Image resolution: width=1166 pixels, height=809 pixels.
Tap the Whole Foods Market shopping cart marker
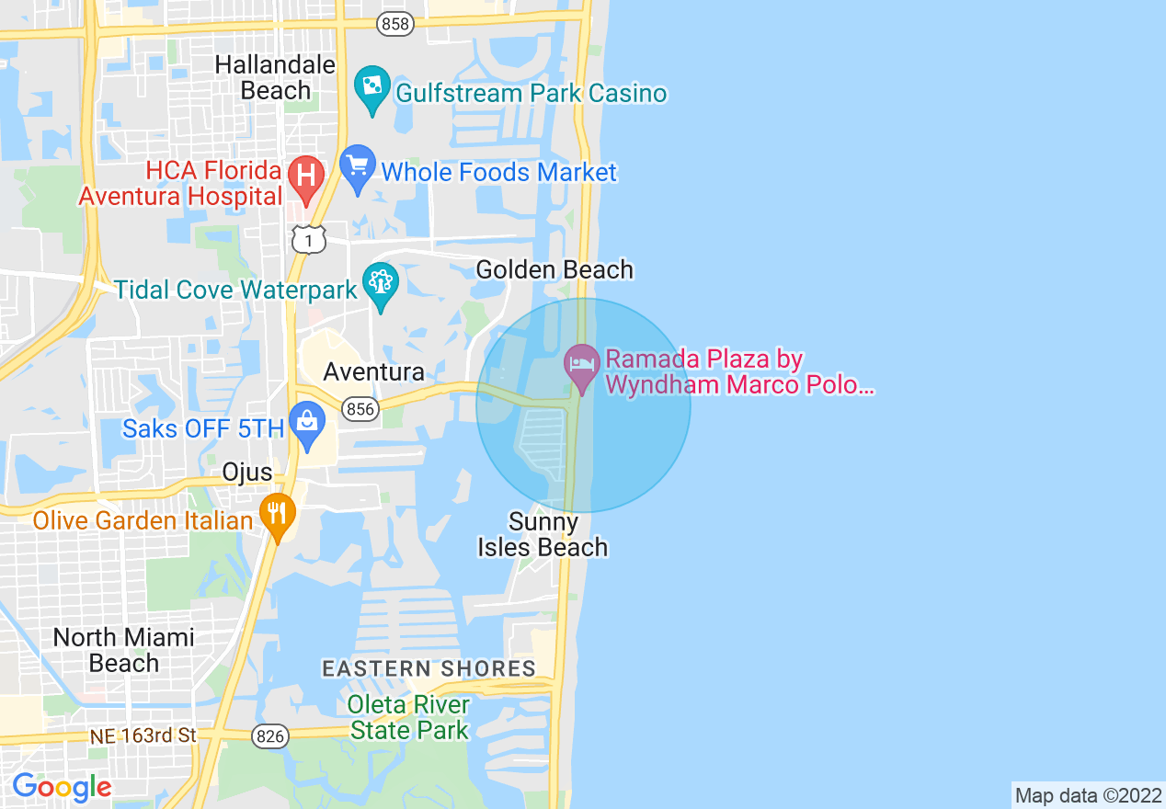(358, 167)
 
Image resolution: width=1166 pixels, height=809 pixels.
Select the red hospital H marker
(306, 174)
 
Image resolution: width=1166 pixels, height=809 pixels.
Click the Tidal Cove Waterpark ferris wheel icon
(379, 284)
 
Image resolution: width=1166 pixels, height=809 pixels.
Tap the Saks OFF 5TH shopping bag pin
(306, 424)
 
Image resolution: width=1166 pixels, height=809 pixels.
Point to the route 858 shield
(395, 25)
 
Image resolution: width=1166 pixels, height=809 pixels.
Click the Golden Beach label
(554, 269)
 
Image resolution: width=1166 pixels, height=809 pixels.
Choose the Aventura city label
(373, 371)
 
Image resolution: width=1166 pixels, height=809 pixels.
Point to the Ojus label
(247, 473)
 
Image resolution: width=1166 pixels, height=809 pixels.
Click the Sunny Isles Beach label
(543, 535)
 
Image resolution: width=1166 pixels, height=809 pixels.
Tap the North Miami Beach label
(123, 650)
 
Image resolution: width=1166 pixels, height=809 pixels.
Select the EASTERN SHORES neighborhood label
(429, 668)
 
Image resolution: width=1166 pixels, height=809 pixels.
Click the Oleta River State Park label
(410, 718)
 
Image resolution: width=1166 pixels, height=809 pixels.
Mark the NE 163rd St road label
(143, 735)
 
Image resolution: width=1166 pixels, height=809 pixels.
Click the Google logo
(62, 787)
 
